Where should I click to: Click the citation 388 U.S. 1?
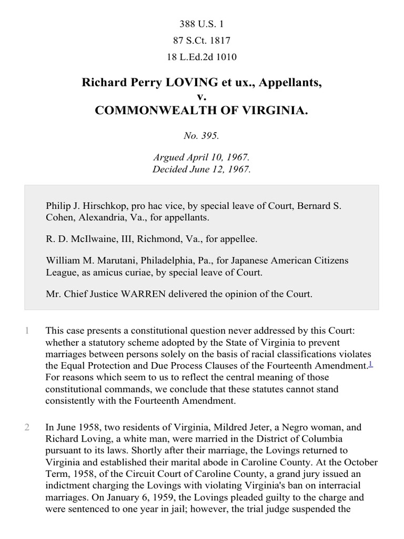[x=202, y=24]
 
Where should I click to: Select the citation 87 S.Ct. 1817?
[x=202, y=41]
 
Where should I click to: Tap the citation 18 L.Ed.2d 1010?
[x=202, y=57]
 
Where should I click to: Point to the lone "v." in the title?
[x=201, y=97]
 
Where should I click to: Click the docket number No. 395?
[x=202, y=135]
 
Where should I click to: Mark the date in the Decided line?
[x=221, y=169]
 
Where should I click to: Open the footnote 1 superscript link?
[x=370, y=363]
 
